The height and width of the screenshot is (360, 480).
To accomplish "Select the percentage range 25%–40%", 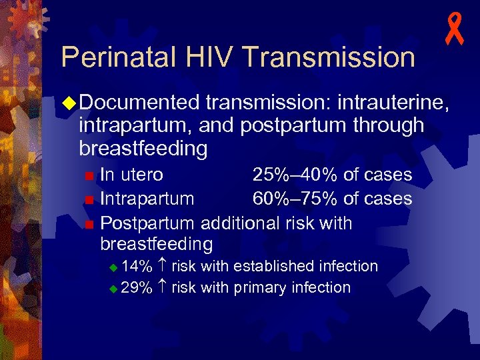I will pyautogui.click(x=295, y=175).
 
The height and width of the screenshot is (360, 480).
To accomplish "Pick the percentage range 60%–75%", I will pyautogui.click(x=295, y=199).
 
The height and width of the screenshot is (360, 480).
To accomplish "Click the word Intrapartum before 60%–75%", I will pyautogui.click(x=147, y=199).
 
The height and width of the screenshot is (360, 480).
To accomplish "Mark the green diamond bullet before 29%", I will pyautogui.click(x=113, y=289).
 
